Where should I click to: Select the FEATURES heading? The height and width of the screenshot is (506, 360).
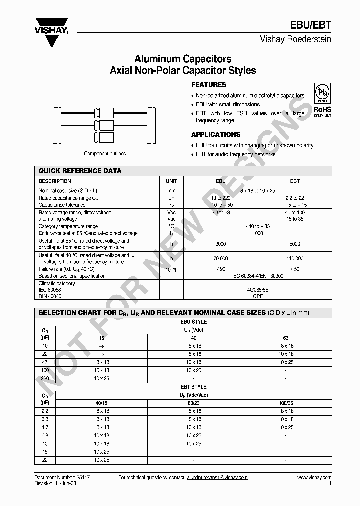coord(209,85)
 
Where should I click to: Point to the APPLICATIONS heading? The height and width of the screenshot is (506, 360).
coord(216,134)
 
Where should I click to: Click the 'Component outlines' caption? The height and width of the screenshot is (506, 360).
coord(105,154)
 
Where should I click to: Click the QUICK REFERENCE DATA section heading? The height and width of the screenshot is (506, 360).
coord(80,171)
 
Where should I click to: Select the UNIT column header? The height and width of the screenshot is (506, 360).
coord(171,181)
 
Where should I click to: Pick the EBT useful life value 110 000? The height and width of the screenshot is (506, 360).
coord(295,259)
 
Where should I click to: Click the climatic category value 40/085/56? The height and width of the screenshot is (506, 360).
coord(258,290)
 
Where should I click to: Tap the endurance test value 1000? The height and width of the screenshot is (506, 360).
coord(258,233)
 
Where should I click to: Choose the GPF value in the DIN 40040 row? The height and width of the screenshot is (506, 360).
coord(258,296)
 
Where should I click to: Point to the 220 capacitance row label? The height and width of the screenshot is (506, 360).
coord(45,378)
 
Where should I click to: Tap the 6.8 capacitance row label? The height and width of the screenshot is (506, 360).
coord(45,436)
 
